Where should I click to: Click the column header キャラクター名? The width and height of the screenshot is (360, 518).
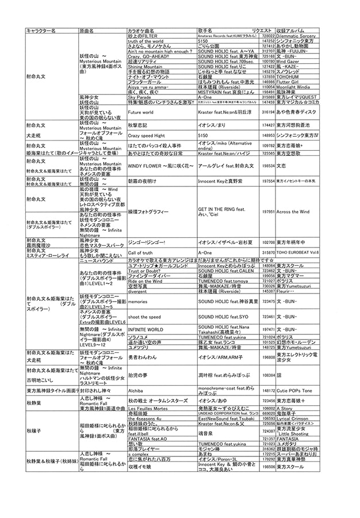click(x=41, y=29)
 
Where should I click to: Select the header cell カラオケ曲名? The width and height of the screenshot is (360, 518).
click(x=141, y=29)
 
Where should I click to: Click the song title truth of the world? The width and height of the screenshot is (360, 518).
click(x=145, y=41)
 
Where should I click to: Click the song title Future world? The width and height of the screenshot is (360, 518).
click(x=140, y=113)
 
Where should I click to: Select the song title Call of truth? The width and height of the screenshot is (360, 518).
click(x=141, y=252)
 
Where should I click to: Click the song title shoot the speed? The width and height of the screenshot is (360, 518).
click(x=144, y=317)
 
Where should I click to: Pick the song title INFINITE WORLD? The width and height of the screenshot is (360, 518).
click(x=147, y=330)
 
